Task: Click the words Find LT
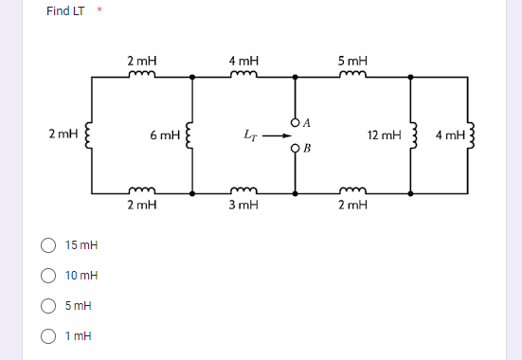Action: [65, 11]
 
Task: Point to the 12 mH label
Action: [383, 136]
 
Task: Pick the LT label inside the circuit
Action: [244, 135]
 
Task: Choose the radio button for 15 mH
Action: [47, 245]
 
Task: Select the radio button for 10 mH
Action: [47, 276]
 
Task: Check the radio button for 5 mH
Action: [47, 306]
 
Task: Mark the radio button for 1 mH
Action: [47, 336]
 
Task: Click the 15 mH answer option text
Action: [81, 245]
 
